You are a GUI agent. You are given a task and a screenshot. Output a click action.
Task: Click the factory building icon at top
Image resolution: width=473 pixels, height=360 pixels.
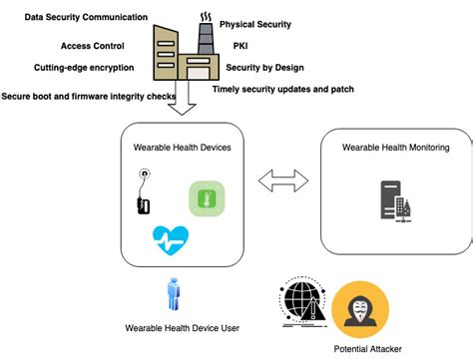click(x=184, y=51)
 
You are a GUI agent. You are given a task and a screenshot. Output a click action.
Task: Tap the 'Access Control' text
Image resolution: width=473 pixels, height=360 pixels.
click(x=93, y=45)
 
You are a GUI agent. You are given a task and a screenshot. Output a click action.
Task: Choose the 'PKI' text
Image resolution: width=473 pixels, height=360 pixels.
click(x=240, y=45)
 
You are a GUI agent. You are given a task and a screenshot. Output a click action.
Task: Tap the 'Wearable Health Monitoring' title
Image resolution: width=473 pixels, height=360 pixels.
click(x=395, y=148)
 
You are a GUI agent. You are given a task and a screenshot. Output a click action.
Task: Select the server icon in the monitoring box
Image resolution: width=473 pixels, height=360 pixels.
click(x=396, y=200)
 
